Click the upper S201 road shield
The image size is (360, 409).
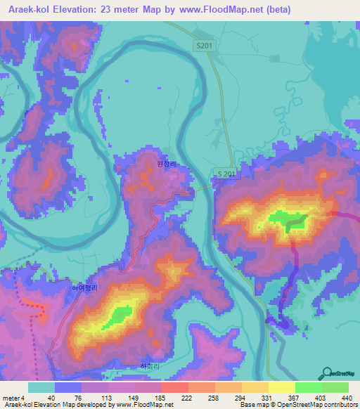coord(204,45)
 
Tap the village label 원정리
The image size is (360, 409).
coord(167,162)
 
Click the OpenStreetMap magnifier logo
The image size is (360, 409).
coord(328,372)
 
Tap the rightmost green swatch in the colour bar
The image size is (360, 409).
coord(335,387)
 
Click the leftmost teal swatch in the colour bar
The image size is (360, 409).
coord(41,387)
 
